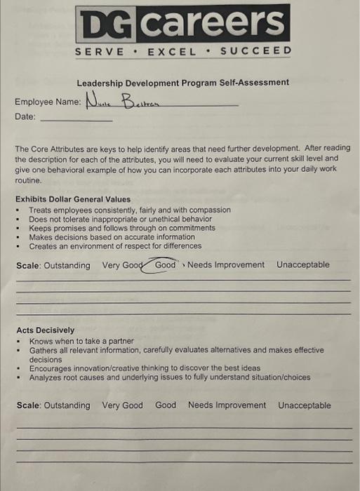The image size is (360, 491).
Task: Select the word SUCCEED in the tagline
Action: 255,51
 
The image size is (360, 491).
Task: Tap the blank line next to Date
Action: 76,119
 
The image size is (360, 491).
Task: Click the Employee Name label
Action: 48,102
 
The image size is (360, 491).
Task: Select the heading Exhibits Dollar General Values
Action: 73,199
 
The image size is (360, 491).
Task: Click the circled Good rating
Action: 166,265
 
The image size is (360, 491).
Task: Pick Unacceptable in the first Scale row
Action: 302,265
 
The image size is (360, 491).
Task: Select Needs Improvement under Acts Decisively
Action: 227,405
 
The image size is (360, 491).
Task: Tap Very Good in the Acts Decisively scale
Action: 122,405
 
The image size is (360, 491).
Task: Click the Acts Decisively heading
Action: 45,330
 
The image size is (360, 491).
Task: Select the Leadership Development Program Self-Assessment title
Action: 182,83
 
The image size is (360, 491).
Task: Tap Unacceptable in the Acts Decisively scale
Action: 304,405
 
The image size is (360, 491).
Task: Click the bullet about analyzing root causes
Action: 169,377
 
